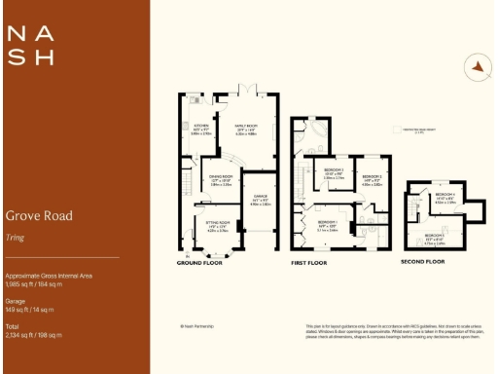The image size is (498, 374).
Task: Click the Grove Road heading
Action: coord(39,215)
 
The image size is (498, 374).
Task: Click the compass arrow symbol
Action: coord(477,66)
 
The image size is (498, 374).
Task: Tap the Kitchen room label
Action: coord(201,128)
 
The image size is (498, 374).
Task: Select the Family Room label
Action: coord(244,128)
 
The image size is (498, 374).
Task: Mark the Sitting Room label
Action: coord(216,227)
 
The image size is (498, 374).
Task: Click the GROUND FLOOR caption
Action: coord(201,263)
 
